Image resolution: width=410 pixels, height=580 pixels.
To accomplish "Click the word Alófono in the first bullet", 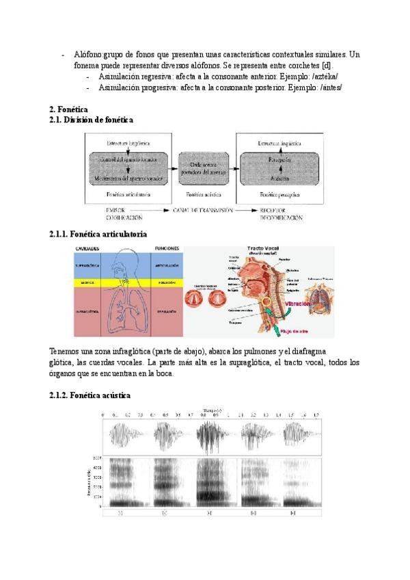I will [88, 55].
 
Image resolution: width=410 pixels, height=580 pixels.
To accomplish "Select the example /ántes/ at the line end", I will [328, 88].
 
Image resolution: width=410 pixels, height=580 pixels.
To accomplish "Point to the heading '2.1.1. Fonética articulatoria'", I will [98, 234].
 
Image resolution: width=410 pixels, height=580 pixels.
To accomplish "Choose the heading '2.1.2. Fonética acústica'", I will [90, 396].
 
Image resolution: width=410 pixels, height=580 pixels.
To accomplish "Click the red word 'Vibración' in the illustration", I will [283, 301].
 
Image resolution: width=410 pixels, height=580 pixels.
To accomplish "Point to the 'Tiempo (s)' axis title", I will [213, 410].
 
